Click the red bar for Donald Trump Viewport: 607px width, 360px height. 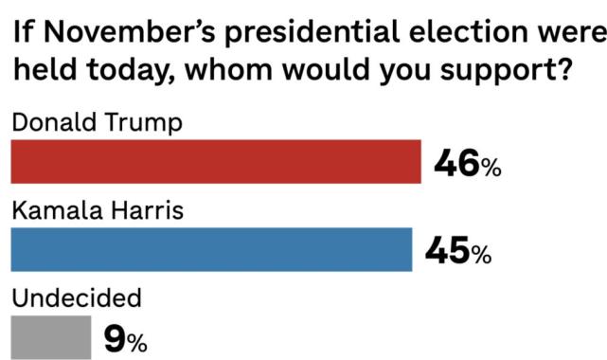tap(216, 161)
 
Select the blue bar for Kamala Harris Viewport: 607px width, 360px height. tap(211, 249)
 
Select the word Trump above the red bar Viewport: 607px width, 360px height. tap(129, 124)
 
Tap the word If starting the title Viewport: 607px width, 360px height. tap(22, 34)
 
